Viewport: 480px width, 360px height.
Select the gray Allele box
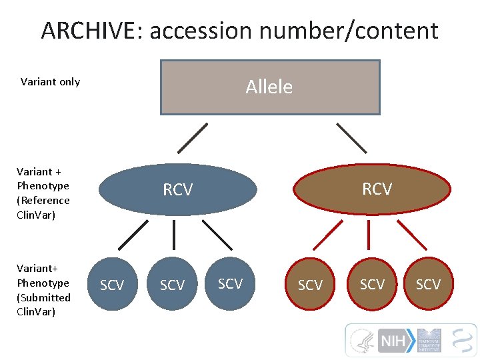click(x=269, y=87)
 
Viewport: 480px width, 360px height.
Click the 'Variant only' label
click(x=50, y=82)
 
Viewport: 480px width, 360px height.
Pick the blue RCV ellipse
click(x=178, y=190)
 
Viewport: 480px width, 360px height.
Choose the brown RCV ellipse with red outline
click(x=377, y=189)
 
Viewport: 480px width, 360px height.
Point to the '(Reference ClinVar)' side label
click(x=43, y=207)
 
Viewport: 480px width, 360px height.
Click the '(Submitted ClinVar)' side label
click(x=43, y=305)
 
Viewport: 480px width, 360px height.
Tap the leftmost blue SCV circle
click(x=111, y=285)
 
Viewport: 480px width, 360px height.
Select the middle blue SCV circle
click(x=172, y=285)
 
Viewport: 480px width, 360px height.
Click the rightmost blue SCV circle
click(x=230, y=284)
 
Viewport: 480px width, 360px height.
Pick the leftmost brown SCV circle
click(x=310, y=285)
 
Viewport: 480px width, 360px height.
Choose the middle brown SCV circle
click(x=372, y=285)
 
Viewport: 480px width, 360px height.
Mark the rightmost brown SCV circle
click(x=428, y=285)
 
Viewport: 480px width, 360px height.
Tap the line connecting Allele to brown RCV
click(x=351, y=138)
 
